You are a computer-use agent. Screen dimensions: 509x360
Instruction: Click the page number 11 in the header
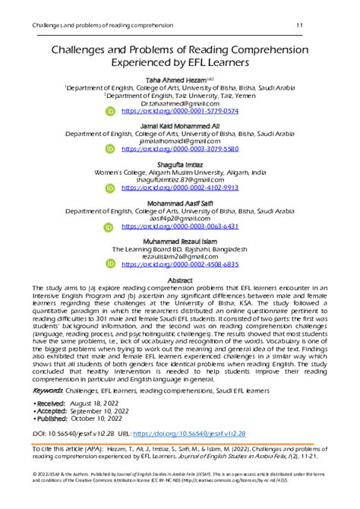click(x=300, y=27)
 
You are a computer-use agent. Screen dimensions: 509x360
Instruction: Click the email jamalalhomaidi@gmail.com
click(x=179, y=141)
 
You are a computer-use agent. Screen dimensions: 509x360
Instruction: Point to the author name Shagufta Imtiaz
click(x=179, y=162)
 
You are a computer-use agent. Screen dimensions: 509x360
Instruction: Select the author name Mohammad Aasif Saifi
click(x=179, y=199)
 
